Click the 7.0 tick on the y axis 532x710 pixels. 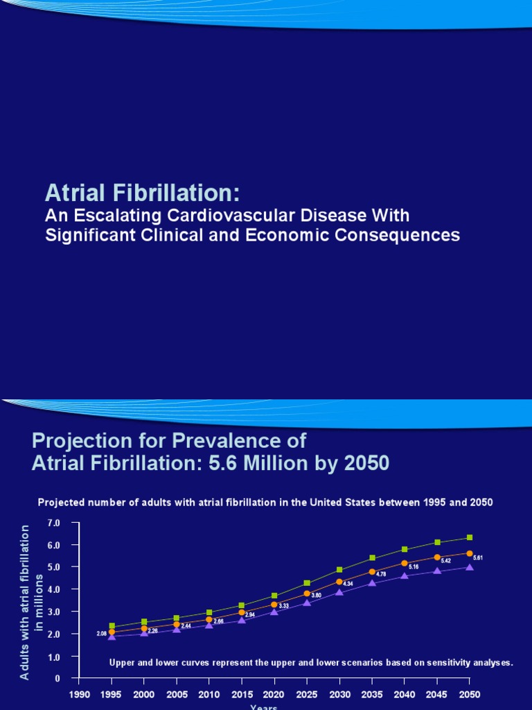click(x=54, y=522)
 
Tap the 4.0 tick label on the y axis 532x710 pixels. click(x=54, y=589)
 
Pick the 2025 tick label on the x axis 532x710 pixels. click(x=306, y=694)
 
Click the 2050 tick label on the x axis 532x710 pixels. click(x=469, y=694)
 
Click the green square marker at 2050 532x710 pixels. click(x=470, y=537)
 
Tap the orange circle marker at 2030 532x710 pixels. click(x=339, y=582)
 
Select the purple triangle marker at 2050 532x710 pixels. click(x=470, y=567)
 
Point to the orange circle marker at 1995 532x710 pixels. click(x=112, y=632)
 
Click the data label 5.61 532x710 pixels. click(x=478, y=557)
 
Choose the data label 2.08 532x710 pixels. click(x=102, y=634)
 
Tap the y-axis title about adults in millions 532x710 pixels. click(x=31, y=602)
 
